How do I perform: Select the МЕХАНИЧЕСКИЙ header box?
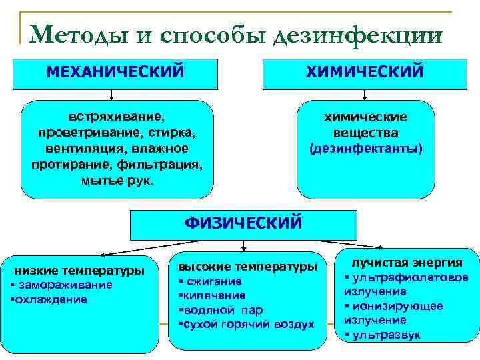tap(115, 72)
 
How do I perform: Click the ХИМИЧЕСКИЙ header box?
tap(364, 72)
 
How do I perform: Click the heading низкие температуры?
tap(79, 271)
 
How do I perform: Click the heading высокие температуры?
tap(247, 267)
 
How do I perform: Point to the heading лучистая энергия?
tap(407, 263)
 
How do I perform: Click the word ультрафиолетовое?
tap(410, 277)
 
